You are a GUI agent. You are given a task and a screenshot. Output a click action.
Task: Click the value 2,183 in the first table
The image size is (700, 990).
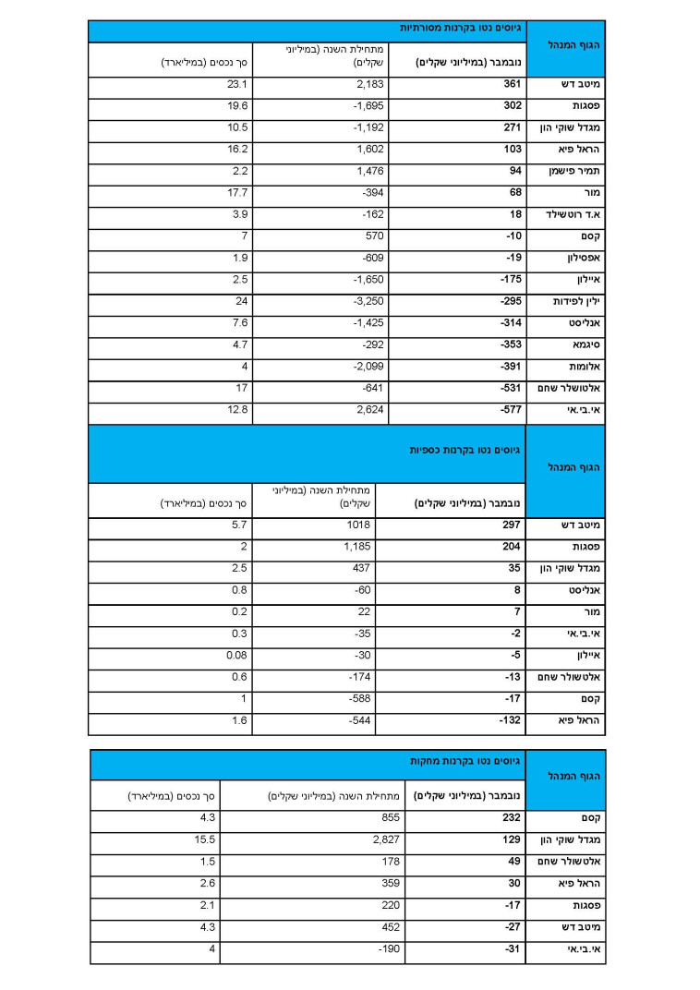coord(368,85)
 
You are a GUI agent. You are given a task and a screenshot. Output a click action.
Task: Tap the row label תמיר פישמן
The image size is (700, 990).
coord(579,171)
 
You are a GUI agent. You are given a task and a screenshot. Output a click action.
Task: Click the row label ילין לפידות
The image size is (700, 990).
coord(578,301)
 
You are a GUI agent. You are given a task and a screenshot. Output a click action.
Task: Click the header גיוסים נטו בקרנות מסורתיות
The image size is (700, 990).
coord(459,29)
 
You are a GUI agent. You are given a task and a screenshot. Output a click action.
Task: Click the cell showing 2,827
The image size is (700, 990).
coord(385,839)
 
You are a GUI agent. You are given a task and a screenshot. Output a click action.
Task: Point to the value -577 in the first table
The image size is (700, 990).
coord(512,408)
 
